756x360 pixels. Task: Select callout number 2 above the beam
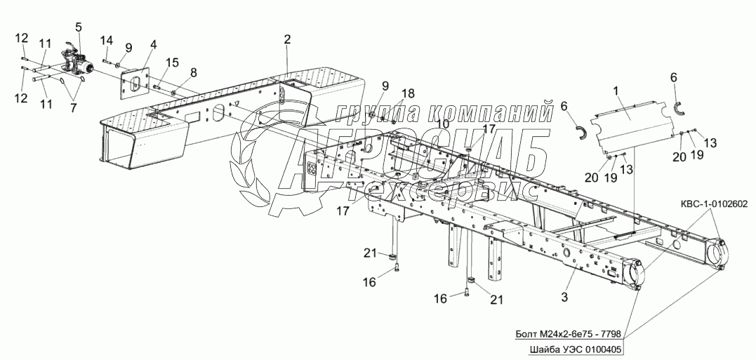287,39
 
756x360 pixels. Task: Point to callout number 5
79,27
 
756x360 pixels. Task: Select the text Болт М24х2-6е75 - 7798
571,333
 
